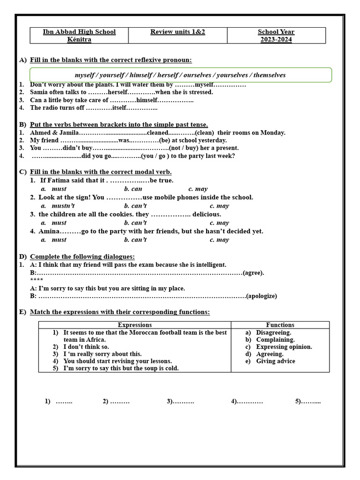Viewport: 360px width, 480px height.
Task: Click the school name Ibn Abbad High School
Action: click(79, 32)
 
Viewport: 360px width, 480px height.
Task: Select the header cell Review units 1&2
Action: click(178, 32)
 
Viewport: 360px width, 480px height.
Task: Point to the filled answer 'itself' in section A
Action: click(120, 108)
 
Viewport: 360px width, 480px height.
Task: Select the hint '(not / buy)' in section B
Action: click(183, 148)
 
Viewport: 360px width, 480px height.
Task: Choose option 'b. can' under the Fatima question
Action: click(133, 189)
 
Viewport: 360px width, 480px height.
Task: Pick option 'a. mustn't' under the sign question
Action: click(58, 206)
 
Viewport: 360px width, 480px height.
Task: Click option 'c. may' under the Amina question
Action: click(219, 240)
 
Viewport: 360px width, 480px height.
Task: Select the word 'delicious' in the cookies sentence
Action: click(206, 214)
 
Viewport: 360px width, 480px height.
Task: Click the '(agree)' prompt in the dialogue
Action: click(254, 272)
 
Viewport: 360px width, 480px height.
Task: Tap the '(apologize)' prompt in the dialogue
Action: click(262, 296)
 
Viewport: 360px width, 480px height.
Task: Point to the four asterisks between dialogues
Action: click(36, 280)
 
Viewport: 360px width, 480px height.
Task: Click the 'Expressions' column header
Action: click(135, 325)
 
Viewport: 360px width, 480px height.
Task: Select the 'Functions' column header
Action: click(280, 325)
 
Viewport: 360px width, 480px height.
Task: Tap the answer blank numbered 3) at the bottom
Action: click(180, 401)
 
